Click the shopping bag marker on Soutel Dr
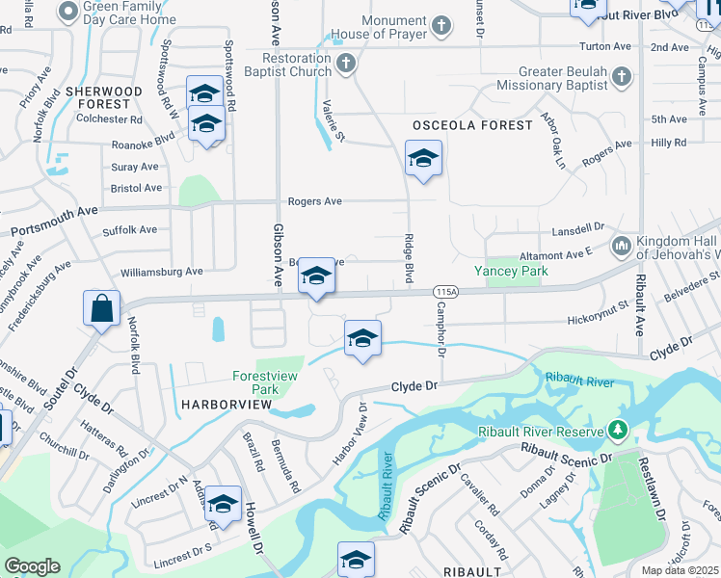[101, 309]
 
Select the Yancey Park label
[511, 271]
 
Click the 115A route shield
[444, 291]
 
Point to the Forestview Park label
[268, 382]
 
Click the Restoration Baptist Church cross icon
[347, 65]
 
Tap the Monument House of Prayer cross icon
[441, 26]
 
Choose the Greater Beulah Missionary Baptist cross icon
[623, 76]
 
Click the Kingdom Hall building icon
[622, 246]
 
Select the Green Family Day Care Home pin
[68, 12]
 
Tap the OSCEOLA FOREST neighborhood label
[472, 125]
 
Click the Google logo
[33, 566]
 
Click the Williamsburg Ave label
[162, 272]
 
